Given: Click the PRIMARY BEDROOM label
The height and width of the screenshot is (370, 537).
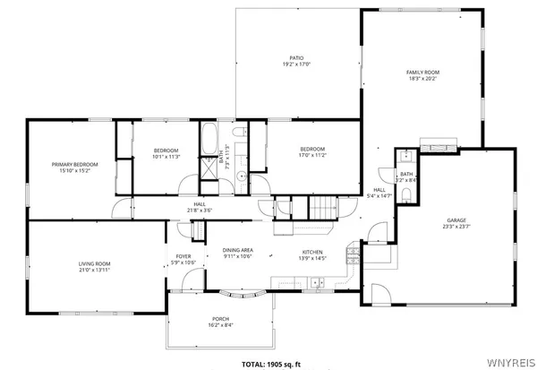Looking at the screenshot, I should pyautogui.click(x=74, y=165).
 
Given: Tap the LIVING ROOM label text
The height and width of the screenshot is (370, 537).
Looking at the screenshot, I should pyautogui.click(x=93, y=263).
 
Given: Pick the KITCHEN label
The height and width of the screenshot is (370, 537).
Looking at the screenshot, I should pyautogui.click(x=311, y=253).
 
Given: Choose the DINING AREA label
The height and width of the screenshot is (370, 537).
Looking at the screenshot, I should pyautogui.click(x=238, y=250).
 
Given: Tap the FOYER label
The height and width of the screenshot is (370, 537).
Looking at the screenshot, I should pyautogui.click(x=183, y=256).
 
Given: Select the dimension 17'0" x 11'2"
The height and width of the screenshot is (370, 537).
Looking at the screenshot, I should pyautogui.click(x=311, y=155).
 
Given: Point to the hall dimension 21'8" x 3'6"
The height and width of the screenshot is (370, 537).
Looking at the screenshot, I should pyautogui.click(x=199, y=211).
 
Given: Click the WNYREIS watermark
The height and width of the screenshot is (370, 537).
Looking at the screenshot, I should pyautogui.click(x=514, y=364).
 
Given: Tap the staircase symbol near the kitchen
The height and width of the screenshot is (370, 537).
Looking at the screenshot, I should pyautogui.click(x=324, y=209).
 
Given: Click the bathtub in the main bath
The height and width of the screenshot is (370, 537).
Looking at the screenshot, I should pyautogui.click(x=209, y=140).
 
